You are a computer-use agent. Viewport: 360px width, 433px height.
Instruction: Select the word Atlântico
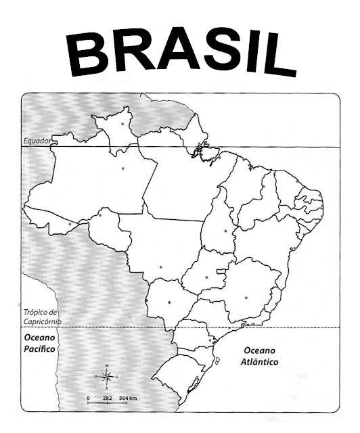[x=261, y=362]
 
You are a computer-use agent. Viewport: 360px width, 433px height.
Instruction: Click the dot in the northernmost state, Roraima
[x=122, y=124]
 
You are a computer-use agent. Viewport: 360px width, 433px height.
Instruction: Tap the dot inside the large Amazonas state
[x=122, y=168]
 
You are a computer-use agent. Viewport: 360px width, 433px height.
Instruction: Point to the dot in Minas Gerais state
[x=246, y=295]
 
